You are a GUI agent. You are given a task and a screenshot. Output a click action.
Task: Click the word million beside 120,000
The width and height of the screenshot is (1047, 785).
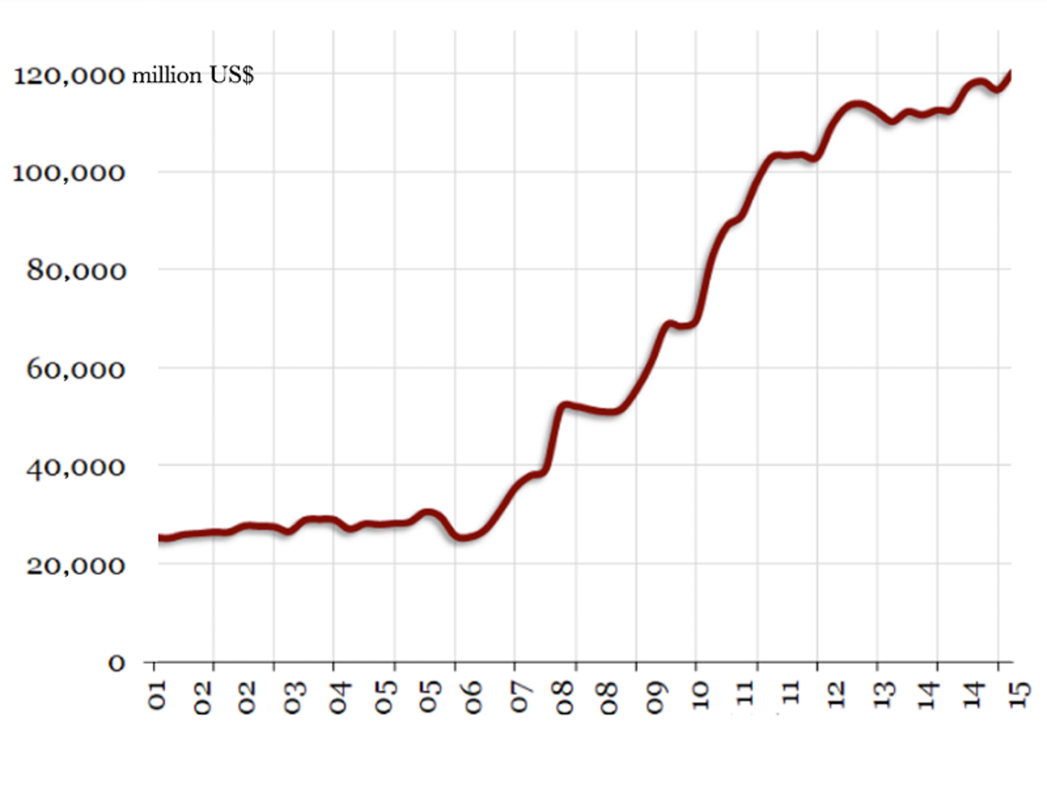coord(166,76)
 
